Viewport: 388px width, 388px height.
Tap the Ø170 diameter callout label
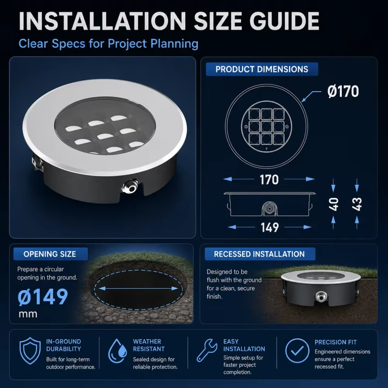coord(343,92)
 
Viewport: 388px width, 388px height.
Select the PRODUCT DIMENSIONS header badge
coord(262,69)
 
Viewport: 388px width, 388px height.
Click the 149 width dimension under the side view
coord(270,227)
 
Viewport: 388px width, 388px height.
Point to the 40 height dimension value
coord(334,204)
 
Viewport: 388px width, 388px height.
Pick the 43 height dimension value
coord(357,204)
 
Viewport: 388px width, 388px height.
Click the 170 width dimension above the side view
coord(269,179)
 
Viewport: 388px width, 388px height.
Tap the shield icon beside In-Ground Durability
coord(30,351)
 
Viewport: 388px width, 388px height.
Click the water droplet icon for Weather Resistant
coord(118,351)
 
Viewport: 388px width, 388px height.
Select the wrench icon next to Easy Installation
coord(207,350)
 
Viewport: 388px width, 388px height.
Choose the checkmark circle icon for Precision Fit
coord(297,351)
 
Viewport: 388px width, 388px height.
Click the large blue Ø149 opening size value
coord(43,296)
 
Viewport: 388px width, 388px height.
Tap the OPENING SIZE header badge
coord(50,254)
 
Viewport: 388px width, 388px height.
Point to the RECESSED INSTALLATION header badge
coord(260,254)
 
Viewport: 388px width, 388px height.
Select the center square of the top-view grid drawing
coord(266,127)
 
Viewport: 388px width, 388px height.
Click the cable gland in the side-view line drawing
coord(269,208)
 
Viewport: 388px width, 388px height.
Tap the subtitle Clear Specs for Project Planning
coord(108,44)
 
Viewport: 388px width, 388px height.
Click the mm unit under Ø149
coord(28,314)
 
